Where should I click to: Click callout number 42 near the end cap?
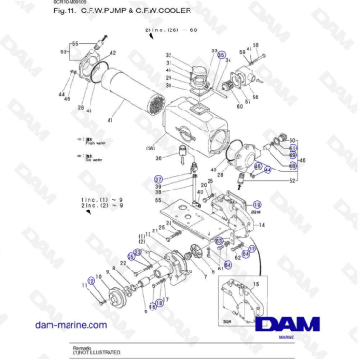[x=113, y=53]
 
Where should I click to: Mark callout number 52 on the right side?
[x=293, y=179]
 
